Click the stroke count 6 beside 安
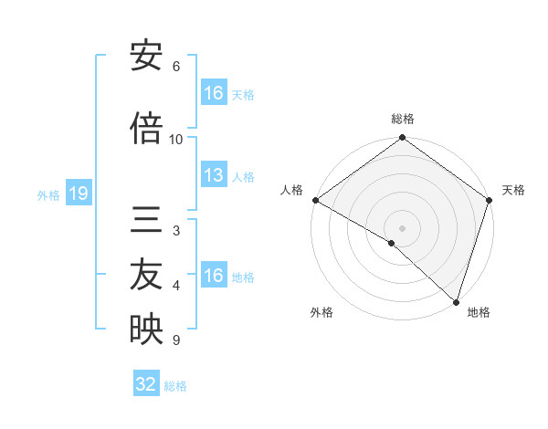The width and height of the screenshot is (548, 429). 176,67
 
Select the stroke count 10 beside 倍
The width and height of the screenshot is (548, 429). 176,140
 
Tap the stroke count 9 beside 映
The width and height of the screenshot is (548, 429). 176,340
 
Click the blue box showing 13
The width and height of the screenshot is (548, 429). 214,176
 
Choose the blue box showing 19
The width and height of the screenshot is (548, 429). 78,194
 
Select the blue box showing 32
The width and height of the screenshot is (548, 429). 145,384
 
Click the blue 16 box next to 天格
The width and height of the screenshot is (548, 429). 214,93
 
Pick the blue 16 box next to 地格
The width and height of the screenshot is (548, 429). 214,276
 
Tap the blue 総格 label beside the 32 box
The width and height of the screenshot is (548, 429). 175,386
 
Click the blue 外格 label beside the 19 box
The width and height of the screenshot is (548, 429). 48,195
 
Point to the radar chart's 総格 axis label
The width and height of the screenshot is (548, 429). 403,120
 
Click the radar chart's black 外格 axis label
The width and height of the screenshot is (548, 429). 321,313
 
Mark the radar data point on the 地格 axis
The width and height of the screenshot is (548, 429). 456,300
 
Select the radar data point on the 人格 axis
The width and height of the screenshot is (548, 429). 315,200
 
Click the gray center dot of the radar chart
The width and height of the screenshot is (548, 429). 402,227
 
